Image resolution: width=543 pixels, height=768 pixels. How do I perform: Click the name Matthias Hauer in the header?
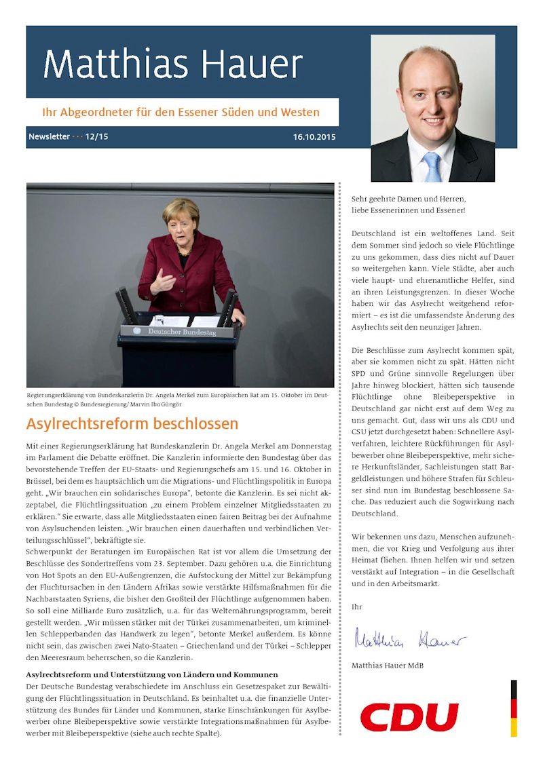coord(172,65)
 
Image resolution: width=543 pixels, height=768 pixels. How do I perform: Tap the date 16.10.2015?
coord(314,137)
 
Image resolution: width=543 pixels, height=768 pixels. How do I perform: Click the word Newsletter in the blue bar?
coord(49,137)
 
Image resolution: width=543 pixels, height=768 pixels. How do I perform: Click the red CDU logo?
coord(409,717)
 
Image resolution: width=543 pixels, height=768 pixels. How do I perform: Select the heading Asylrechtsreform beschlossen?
coord(132,424)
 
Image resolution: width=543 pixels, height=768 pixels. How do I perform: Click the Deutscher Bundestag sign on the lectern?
coord(179,332)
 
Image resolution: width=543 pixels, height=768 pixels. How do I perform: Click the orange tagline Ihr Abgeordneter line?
coord(181,112)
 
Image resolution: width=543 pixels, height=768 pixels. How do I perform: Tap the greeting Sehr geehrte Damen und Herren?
coord(409,199)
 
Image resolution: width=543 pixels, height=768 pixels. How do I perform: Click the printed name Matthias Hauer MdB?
coord(388,666)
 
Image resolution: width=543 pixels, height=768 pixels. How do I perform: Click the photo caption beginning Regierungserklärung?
coord(180,399)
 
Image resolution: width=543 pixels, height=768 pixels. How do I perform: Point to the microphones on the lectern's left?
coord(126,305)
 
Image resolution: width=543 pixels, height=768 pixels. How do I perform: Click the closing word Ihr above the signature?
coord(356,605)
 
